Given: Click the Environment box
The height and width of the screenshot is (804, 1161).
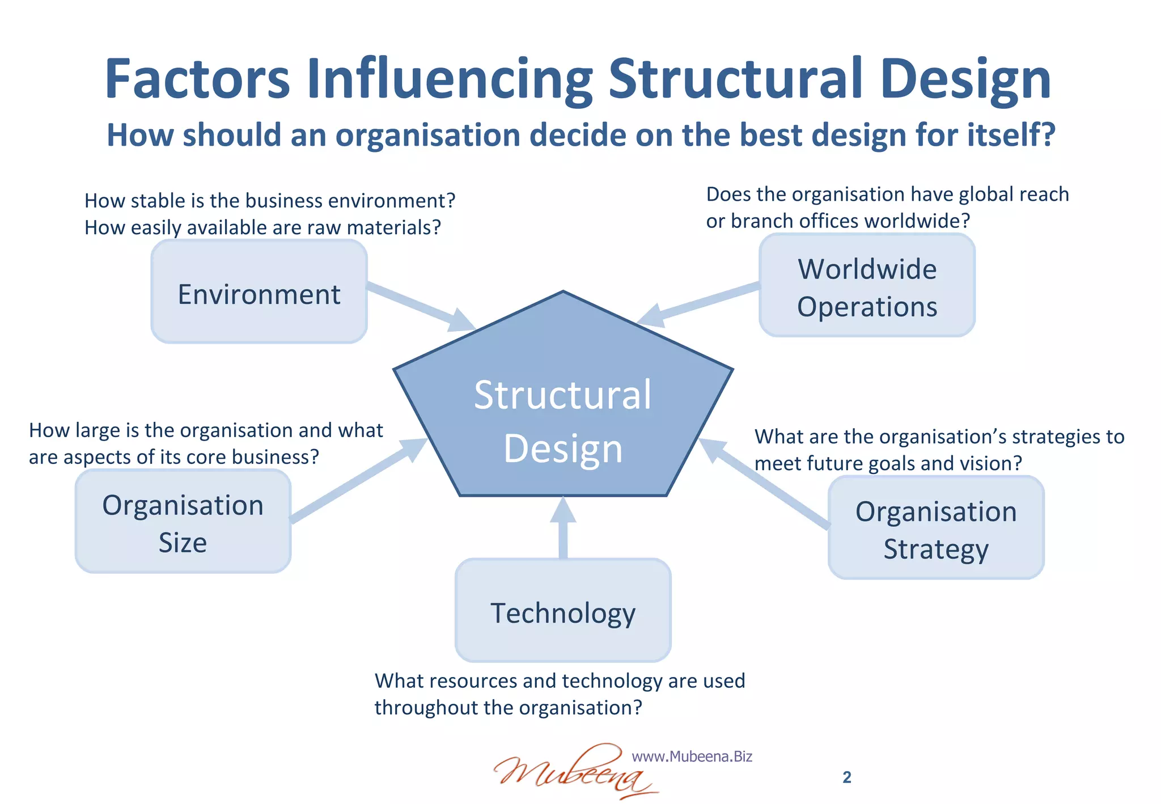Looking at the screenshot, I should pos(259,291).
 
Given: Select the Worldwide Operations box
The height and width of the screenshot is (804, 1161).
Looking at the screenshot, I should pos(867,285).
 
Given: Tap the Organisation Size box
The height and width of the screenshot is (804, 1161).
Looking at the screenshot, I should pos(183,522).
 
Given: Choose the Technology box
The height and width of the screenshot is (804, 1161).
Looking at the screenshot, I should pos(563,611).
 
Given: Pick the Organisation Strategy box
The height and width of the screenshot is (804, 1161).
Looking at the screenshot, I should pos(936,528).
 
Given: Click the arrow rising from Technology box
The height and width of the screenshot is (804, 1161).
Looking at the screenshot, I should pos(563,527).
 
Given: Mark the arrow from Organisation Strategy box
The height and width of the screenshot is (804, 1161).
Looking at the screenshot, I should pos(765,485).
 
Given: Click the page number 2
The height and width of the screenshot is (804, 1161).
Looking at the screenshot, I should pos(847,777).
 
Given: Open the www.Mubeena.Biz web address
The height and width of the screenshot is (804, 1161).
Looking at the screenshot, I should pos(692,756).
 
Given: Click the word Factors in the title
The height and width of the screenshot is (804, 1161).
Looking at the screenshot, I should pos(197,79).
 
